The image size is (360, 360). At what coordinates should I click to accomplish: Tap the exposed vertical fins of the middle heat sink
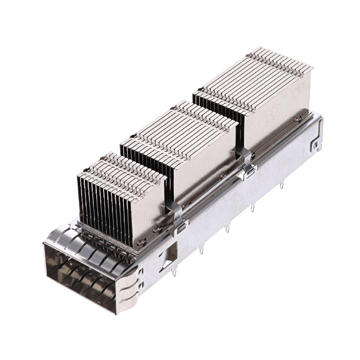click(x=143, y=166)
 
